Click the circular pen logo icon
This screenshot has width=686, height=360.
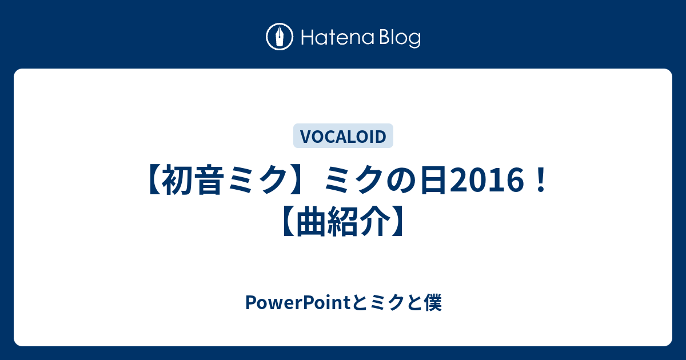click(280, 37)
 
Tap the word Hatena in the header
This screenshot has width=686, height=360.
click(337, 38)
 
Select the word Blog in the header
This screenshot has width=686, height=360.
click(400, 38)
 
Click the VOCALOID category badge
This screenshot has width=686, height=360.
click(343, 136)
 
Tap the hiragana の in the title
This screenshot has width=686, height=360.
click(402, 181)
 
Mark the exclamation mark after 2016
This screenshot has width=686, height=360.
click(541, 181)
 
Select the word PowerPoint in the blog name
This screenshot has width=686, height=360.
click(298, 303)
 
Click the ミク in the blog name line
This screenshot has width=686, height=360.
click(387, 303)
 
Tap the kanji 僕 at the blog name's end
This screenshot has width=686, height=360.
click(433, 303)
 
